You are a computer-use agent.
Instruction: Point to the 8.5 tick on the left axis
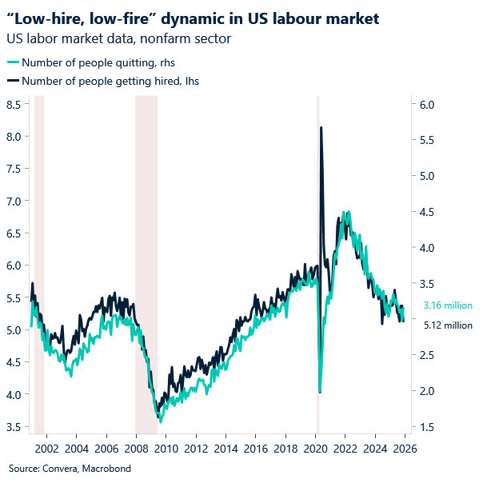pos(14,105)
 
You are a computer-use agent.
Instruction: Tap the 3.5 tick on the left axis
pos(14,427)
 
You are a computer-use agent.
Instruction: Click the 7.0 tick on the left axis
pos(14,202)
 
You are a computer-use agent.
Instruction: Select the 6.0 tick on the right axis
pos(426,105)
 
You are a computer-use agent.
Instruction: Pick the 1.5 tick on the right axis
pos(426,427)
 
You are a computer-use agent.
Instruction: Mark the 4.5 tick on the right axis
pos(426,212)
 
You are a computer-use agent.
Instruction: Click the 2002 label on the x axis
pos(46,448)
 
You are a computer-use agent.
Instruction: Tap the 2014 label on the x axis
pos(226,448)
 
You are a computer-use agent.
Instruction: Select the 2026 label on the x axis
pos(405,448)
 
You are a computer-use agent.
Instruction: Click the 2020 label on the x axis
pos(315,448)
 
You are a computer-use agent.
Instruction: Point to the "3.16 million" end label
pos(448,305)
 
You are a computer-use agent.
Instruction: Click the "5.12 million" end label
pos(448,325)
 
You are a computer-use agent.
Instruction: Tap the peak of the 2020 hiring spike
pos(321,128)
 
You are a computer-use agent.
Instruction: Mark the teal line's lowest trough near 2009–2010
pos(160,420)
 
